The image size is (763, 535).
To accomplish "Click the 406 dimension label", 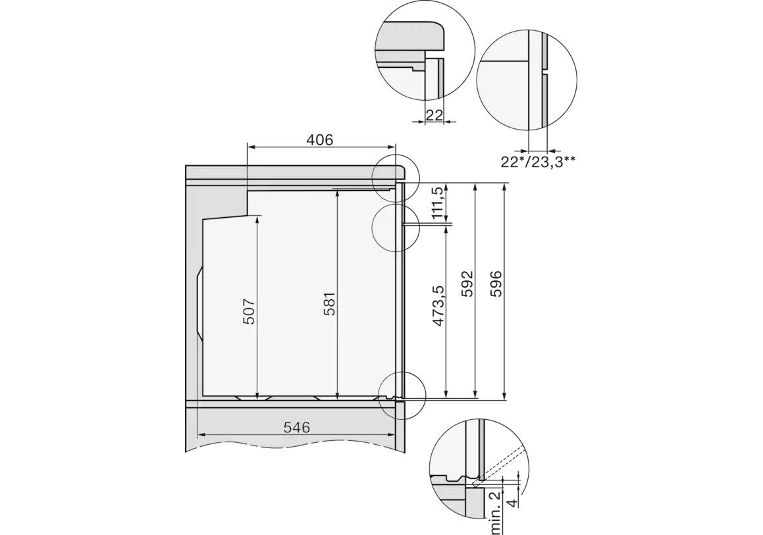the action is click(x=320, y=140).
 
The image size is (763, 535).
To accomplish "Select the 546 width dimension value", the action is click(x=296, y=428).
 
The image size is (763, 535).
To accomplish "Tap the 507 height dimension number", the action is click(x=249, y=311).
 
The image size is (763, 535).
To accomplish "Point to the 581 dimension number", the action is click(x=329, y=304).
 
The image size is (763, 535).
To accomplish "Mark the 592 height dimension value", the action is click(x=467, y=284).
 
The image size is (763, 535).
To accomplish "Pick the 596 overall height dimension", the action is click(x=495, y=284).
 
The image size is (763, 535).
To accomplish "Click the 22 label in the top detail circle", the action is click(x=434, y=115).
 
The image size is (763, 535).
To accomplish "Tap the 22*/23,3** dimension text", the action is click(x=539, y=162).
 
